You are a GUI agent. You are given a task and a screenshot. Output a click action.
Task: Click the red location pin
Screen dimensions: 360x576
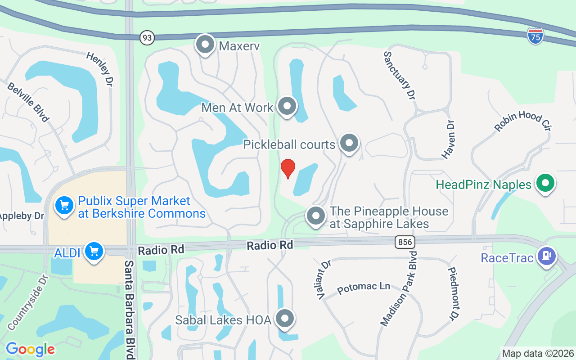pyautogui.click(x=288, y=168)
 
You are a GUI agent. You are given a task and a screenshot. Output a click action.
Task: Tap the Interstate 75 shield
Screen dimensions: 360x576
pyautogui.click(x=535, y=36)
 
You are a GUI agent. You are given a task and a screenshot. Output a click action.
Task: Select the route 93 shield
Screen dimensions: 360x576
pyautogui.click(x=147, y=38)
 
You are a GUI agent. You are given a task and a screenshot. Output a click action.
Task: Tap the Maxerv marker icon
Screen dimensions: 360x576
pyautogui.click(x=205, y=45)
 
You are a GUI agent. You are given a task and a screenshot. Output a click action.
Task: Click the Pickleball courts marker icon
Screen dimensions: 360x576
pyautogui.click(x=349, y=143)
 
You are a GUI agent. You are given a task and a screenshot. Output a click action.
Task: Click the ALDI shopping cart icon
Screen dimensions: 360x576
pyautogui.click(x=94, y=251)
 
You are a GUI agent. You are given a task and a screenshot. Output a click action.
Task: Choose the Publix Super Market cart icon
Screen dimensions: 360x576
pyautogui.click(x=64, y=206)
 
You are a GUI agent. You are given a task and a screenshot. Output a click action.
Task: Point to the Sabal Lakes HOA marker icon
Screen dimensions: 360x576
pyautogui.click(x=284, y=319)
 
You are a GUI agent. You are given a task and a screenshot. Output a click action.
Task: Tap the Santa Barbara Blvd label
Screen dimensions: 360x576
pyautogui.click(x=130, y=310)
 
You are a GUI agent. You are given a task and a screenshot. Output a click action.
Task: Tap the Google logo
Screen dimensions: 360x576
pyautogui.click(x=30, y=349)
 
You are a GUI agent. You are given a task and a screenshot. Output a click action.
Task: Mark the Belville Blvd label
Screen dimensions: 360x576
pyautogui.click(x=28, y=102)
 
